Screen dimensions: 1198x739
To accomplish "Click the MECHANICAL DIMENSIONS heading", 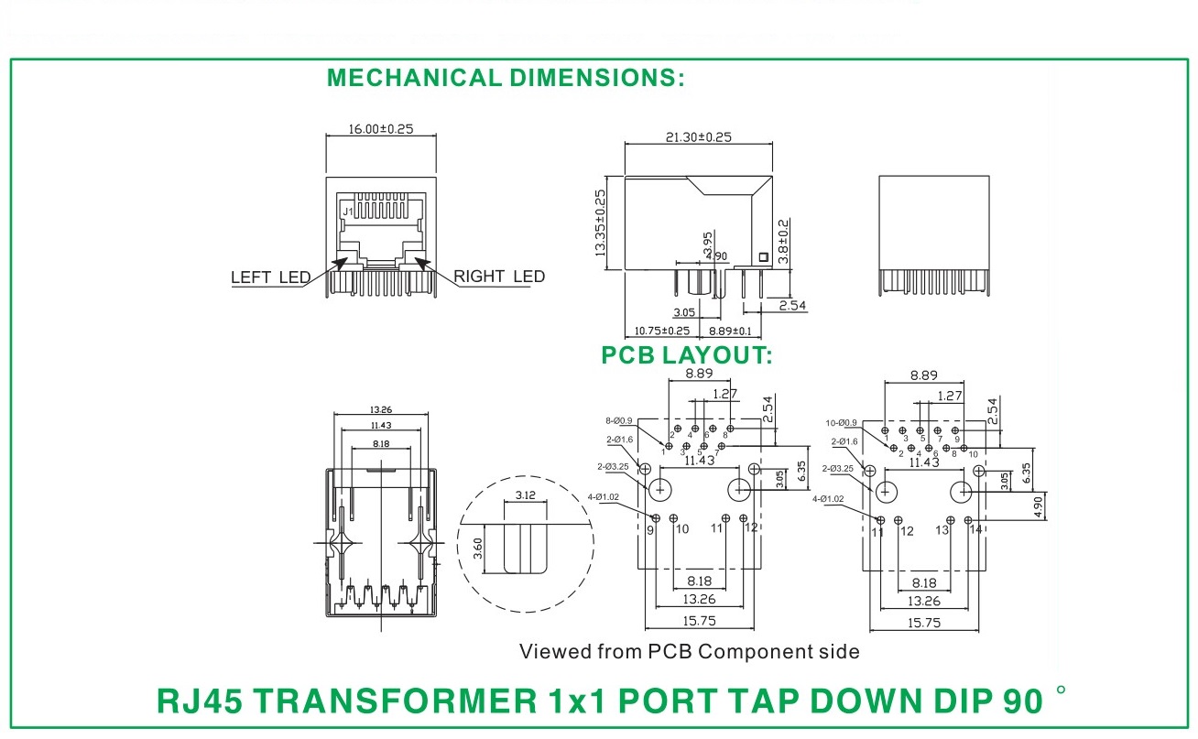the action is tap(506, 78).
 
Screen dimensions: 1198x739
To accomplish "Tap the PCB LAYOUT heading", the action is tap(687, 355).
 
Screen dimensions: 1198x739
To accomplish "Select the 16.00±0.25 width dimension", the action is tap(381, 129).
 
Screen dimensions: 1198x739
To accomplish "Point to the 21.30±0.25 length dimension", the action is tap(699, 137).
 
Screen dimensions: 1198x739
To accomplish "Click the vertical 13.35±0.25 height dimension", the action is tap(601, 223).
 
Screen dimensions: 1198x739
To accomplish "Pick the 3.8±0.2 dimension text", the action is tap(783, 241).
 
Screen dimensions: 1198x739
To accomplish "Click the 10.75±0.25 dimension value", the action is tap(662, 331).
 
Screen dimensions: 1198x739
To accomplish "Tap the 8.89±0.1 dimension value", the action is tap(730, 331).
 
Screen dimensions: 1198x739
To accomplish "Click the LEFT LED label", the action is tap(270, 277).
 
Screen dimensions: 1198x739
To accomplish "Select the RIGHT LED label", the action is tap(499, 277).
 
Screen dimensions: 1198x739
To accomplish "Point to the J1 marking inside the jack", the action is tap(348, 212).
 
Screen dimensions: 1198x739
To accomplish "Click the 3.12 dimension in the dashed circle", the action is tap(525, 495).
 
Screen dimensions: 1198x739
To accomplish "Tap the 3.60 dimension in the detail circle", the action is tap(478, 549).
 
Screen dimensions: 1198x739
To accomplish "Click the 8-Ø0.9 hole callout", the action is tap(619, 421).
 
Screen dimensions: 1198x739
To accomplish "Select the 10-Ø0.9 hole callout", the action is tap(842, 423).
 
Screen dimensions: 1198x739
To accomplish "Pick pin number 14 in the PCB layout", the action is tap(975, 529).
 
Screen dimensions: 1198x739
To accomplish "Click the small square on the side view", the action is tap(764, 257).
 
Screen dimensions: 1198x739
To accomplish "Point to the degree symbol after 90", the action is tap(1062, 690).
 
